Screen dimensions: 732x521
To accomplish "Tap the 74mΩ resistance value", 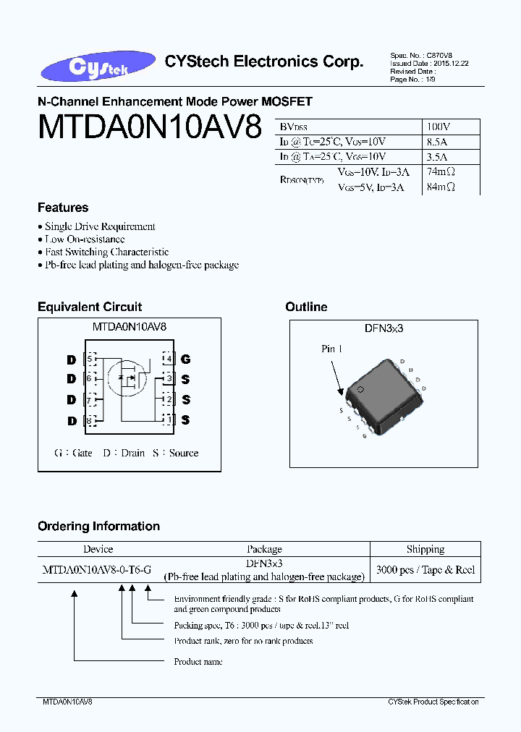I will [441, 172].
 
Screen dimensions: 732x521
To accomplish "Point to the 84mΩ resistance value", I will [441, 187].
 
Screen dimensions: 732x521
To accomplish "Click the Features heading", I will [63, 208].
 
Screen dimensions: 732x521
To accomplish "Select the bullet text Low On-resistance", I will [85, 239].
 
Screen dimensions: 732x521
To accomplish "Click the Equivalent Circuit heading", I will [90, 307].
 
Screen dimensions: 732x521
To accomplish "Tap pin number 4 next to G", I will [169, 359].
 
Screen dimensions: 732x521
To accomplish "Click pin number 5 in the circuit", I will [90, 359].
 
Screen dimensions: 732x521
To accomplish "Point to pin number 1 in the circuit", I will [169, 420].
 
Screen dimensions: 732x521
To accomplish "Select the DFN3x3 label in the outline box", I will [384, 328].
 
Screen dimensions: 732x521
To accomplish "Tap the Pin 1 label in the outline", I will [332, 349].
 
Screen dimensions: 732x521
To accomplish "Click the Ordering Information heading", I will [98, 527].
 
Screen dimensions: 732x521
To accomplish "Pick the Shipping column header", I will [425, 550].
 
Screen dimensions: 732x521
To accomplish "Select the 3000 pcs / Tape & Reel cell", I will [425, 570].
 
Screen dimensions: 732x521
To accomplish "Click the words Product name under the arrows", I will [198, 662].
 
